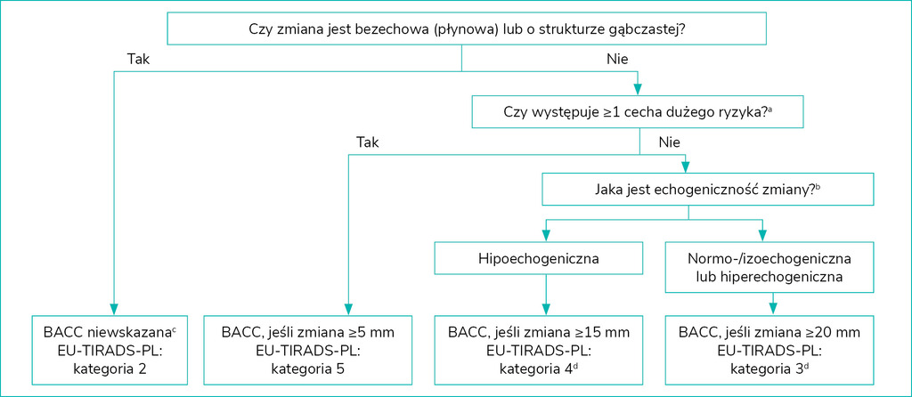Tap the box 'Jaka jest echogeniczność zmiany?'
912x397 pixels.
(x=688, y=188)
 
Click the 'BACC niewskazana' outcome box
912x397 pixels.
(x=113, y=348)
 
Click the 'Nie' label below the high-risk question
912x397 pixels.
(x=670, y=142)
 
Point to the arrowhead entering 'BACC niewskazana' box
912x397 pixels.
(x=113, y=306)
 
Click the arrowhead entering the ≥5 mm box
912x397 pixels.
(x=347, y=306)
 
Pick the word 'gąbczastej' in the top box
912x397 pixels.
(x=646, y=29)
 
